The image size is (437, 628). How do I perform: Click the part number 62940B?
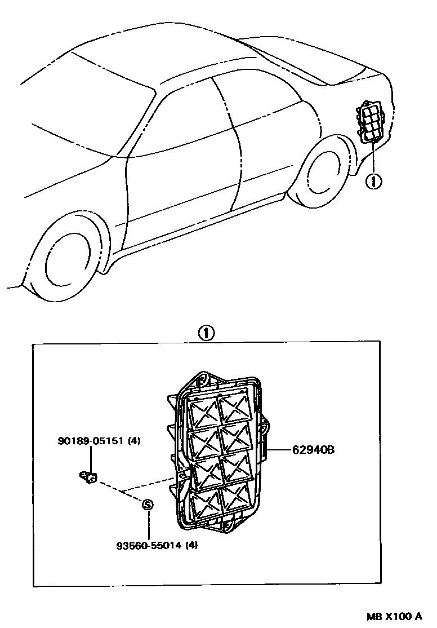tap(314, 450)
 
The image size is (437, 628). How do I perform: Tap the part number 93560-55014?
tap(149, 546)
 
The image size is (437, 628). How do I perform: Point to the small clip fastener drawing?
tap(88, 477)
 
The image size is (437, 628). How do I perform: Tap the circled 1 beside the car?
tap(373, 181)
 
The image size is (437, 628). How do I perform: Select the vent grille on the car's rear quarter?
tap(370, 122)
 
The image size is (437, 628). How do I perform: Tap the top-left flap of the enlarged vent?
tap(203, 413)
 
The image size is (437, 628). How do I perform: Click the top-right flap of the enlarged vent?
tap(234, 408)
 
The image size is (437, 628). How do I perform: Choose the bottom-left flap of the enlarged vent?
tap(206, 503)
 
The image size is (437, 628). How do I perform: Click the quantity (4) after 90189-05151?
tap(134, 441)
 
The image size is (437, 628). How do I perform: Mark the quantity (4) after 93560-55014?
tap(192, 546)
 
